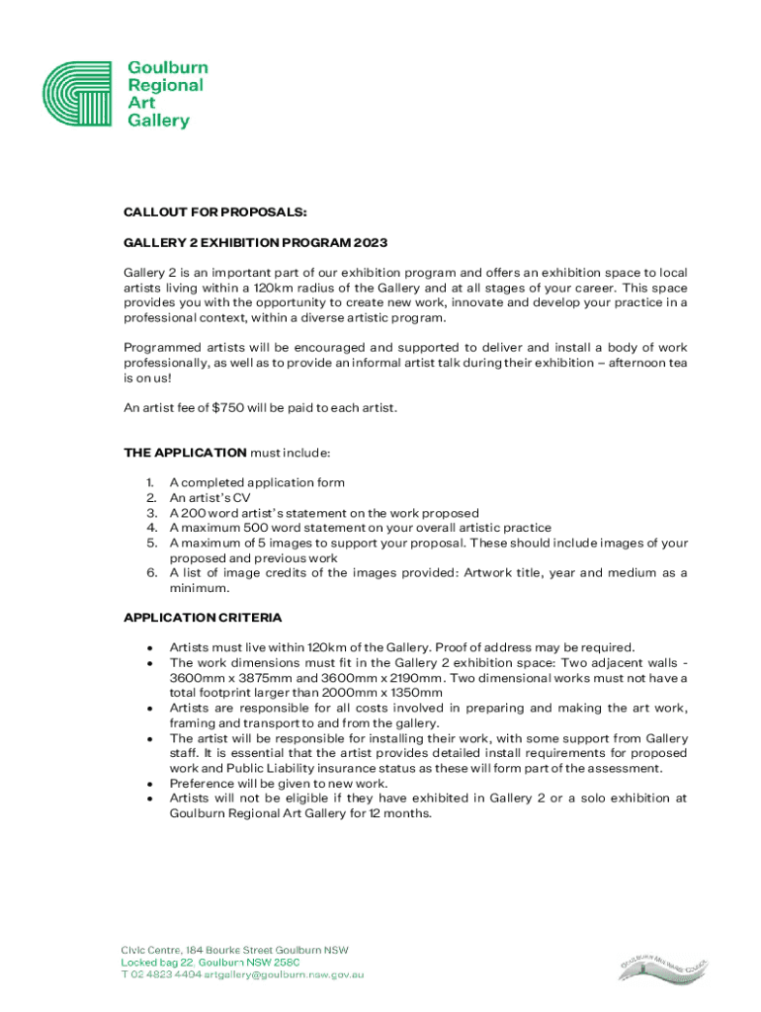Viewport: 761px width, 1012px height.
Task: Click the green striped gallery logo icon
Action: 82,94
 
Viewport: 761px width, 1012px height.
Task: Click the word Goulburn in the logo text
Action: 168,68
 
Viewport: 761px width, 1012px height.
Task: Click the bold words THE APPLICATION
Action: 185,453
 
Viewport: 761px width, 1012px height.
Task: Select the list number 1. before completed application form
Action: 151,483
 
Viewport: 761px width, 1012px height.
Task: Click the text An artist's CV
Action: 210,498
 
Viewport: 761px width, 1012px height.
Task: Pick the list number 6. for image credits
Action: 151,573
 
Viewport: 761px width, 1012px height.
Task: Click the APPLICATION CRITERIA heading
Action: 203,618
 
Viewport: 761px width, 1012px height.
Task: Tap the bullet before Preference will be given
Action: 149,784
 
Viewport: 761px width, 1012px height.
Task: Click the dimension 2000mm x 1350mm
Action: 380,693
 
